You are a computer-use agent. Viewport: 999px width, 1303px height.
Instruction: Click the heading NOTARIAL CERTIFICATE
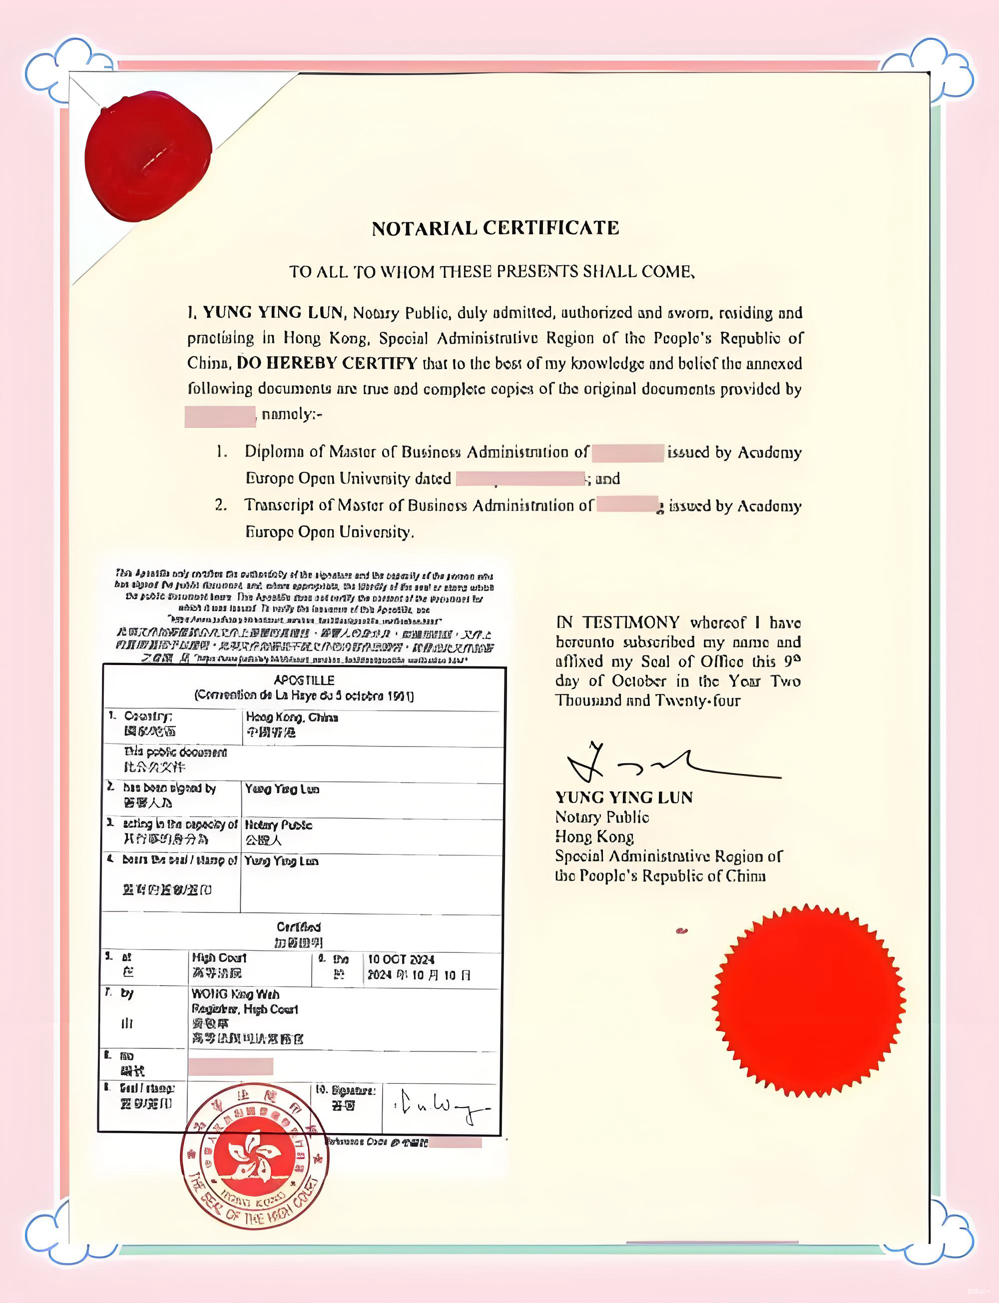tap(496, 228)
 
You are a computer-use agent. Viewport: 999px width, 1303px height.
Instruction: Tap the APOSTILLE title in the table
tap(304, 680)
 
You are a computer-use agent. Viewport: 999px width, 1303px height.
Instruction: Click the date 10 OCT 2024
tap(402, 959)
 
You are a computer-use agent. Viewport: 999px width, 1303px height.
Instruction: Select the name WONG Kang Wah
tap(235, 994)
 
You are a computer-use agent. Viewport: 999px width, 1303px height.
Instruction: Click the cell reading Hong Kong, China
tap(292, 717)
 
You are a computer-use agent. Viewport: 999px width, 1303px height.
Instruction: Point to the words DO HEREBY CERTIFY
tap(327, 363)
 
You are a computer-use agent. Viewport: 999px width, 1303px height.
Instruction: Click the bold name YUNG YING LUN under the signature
tap(624, 797)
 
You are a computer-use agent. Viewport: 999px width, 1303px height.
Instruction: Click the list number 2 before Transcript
tap(221, 505)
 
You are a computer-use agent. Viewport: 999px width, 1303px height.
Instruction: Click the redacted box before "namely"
tap(220, 416)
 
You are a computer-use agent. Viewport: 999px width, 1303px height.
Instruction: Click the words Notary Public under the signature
tap(602, 817)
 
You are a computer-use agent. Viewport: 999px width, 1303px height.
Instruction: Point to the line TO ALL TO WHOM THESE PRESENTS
tap(492, 272)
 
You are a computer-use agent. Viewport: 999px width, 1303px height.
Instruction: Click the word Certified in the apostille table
tap(299, 927)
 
